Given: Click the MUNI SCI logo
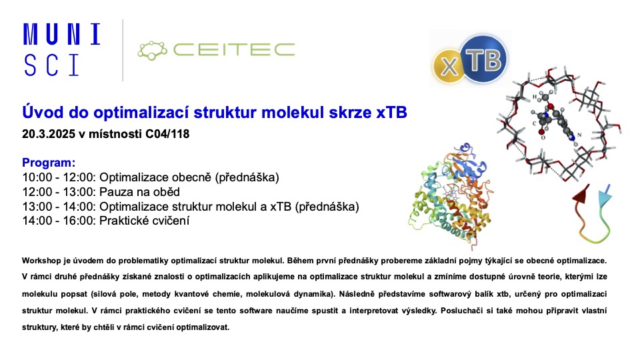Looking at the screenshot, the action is tap(61, 49).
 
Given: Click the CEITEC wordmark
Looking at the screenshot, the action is tap(234, 50).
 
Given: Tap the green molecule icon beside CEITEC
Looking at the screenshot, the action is tap(152, 50).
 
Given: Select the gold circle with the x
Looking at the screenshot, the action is tap(449, 66).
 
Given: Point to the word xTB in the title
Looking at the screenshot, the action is tap(391, 112).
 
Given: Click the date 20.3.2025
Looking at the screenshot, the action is tap(49, 134).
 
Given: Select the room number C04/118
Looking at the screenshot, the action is tap(167, 134).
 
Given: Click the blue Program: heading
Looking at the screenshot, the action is tap(49, 163).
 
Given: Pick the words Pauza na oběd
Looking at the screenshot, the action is tap(139, 192).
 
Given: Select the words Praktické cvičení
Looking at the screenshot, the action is tap(145, 221).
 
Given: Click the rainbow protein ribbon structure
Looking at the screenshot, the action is tap(451, 196).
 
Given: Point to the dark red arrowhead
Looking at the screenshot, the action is tap(582, 194).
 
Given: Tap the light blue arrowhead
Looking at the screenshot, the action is tap(605, 196).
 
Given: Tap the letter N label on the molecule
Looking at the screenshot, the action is tap(579, 135).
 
